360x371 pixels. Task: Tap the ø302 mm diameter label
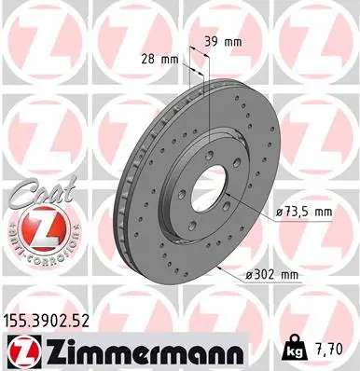coord(272,274)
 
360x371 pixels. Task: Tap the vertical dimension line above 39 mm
coord(211,70)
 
